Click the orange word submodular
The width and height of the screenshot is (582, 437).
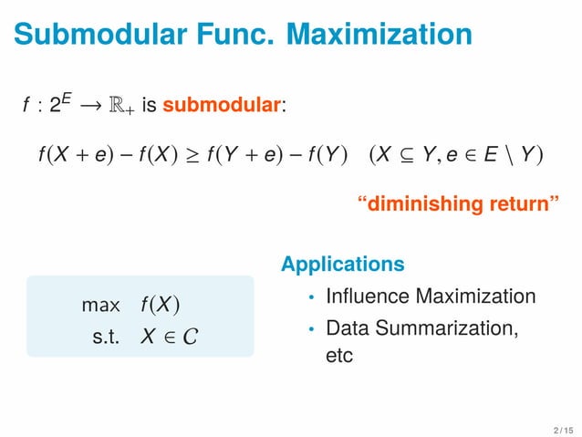tap(222, 106)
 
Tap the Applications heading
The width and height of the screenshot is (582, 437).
tap(343, 265)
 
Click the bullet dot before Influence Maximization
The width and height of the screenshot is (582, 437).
tap(311, 298)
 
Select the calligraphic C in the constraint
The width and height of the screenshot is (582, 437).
tap(189, 337)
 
